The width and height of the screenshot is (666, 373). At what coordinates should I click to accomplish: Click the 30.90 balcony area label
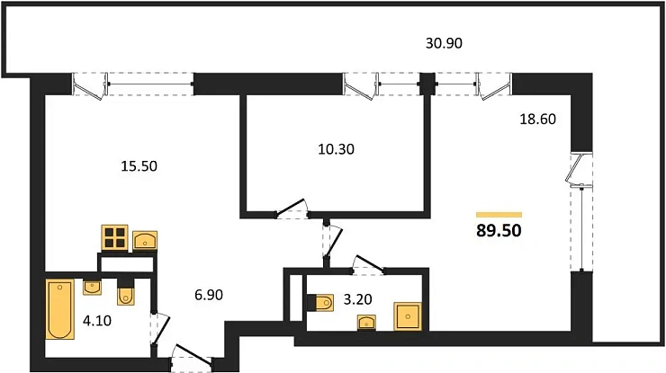pos(444,43)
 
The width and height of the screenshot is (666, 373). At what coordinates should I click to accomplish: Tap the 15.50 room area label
pos(139,166)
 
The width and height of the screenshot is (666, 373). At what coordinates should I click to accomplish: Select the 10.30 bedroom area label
pos(336,149)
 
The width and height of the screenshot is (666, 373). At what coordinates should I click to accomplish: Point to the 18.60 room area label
pos(537,120)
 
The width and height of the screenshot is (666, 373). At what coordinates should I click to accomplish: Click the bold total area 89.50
pos(499,230)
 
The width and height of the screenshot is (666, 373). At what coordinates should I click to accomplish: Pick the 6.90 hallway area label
pos(209,295)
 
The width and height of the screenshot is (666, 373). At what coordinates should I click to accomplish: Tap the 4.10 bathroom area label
pos(97,321)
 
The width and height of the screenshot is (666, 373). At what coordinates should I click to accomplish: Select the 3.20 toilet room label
pos(357,299)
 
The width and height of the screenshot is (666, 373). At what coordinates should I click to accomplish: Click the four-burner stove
pos(114,237)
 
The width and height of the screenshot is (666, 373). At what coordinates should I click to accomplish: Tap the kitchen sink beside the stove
pos(145,240)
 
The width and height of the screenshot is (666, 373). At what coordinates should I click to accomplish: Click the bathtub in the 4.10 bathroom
pos(60,309)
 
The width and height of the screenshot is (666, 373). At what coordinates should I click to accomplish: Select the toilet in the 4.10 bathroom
pos(125,291)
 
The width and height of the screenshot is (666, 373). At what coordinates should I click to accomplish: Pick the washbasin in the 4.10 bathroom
pos(92,288)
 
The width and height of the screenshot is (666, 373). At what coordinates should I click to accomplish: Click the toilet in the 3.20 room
pos(320,303)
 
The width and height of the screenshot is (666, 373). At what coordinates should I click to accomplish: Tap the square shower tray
pos(408,316)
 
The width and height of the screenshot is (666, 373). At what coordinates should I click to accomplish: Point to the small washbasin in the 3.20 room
pos(366,323)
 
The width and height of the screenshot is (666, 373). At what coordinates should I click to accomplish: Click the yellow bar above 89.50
pos(499,215)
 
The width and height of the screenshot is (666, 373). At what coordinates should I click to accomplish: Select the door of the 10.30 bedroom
pos(292,209)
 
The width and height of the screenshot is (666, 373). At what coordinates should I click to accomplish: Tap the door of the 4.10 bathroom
pos(159,330)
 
